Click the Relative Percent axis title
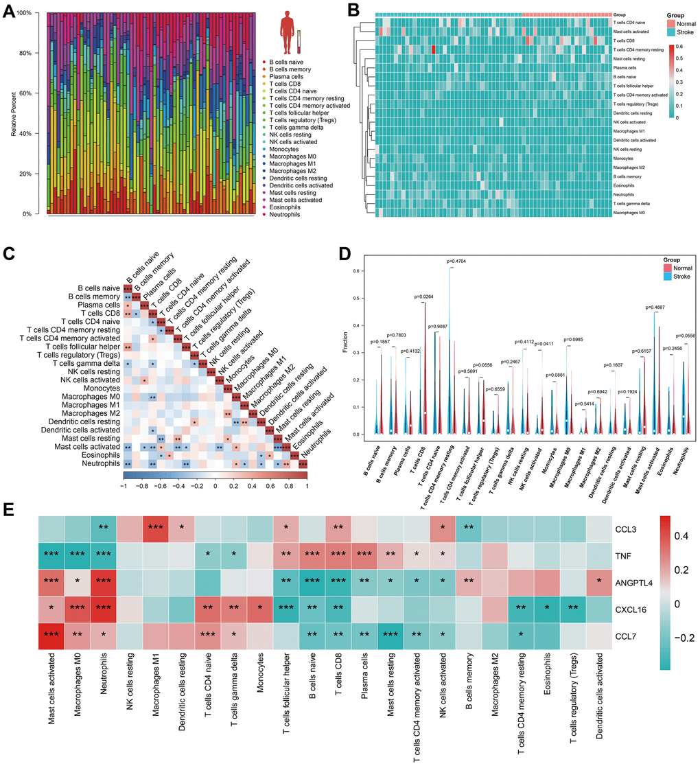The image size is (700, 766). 14,114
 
